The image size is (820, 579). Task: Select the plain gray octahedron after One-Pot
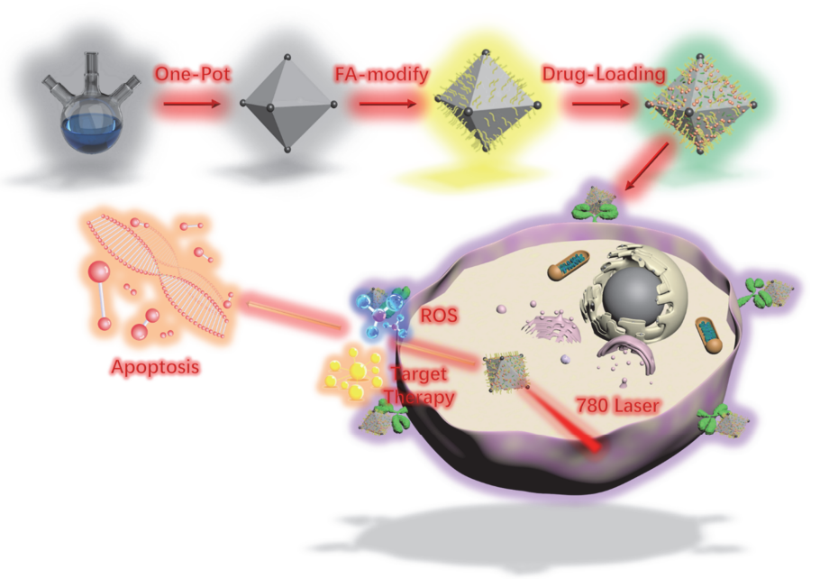tap(287, 107)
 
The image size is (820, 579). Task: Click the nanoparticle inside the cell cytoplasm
tap(504, 372)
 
